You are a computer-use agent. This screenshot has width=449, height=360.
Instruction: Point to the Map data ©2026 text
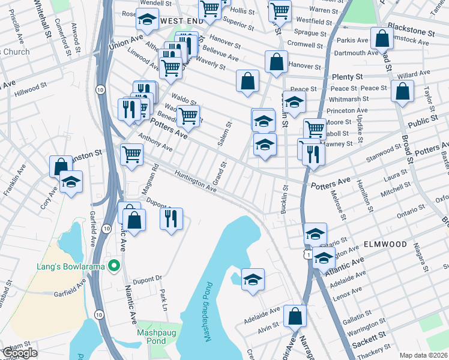click(x=423, y=355)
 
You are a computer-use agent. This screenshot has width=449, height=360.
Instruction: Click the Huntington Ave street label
click(x=195, y=181)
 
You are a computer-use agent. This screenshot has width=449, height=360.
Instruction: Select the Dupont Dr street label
click(x=143, y=279)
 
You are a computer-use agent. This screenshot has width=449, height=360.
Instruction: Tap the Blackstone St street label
click(x=411, y=31)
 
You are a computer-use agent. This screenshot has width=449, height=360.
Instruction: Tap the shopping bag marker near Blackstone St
click(x=382, y=39)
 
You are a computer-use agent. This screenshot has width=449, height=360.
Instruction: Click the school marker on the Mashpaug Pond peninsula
click(x=253, y=279)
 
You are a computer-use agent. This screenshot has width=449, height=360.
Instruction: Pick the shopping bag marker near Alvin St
click(x=295, y=316)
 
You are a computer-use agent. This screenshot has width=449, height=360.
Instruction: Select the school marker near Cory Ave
click(x=71, y=182)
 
